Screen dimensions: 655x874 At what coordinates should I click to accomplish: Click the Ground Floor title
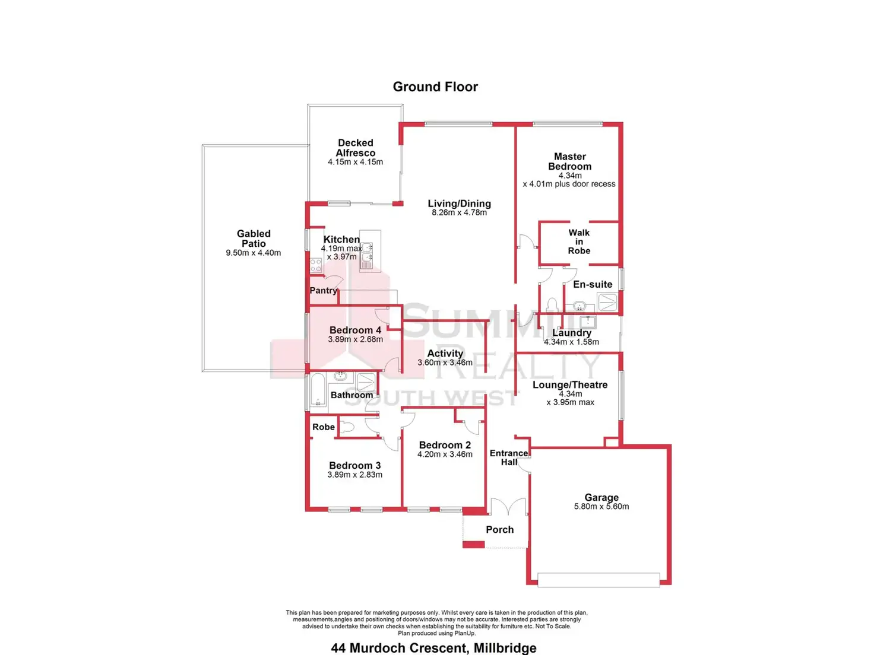(x=435, y=87)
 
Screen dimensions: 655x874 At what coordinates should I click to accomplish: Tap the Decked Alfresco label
(x=356, y=148)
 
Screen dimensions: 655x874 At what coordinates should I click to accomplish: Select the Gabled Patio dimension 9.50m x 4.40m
(x=254, y=253)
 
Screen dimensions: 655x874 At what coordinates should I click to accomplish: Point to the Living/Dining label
(x=460, y=204)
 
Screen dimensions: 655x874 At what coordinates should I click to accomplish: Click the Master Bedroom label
(x=570, y=161)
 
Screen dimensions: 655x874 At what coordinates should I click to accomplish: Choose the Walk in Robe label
(x=579, y=241)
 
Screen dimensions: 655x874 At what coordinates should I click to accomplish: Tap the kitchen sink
(x=367, y=253)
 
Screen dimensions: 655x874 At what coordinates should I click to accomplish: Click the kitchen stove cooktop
(x=316, y=265)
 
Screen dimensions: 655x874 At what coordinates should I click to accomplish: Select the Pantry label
(x=324, y=290)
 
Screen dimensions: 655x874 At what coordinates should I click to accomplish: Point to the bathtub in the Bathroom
(x=318, y=390)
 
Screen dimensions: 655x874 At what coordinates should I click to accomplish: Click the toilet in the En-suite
(x=552, y=304)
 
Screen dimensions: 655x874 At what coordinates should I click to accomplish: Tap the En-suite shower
(x=607, y=303)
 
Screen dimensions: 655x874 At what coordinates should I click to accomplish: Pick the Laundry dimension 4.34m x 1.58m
(x=571, y=342)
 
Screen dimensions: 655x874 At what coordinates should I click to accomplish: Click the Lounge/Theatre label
(x=570, y=384)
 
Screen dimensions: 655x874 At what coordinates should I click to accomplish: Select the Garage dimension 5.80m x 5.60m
(x=601, y=507)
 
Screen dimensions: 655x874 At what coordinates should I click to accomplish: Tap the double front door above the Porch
(x=508, y=507)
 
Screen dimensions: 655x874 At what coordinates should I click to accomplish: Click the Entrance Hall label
(x=509, y=457)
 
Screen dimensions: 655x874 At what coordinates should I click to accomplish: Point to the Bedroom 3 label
(x=355, y=466)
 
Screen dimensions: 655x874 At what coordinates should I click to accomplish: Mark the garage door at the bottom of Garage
(x=598, y=580)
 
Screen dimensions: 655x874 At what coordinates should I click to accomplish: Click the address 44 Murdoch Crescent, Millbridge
(x=434, y=648)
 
